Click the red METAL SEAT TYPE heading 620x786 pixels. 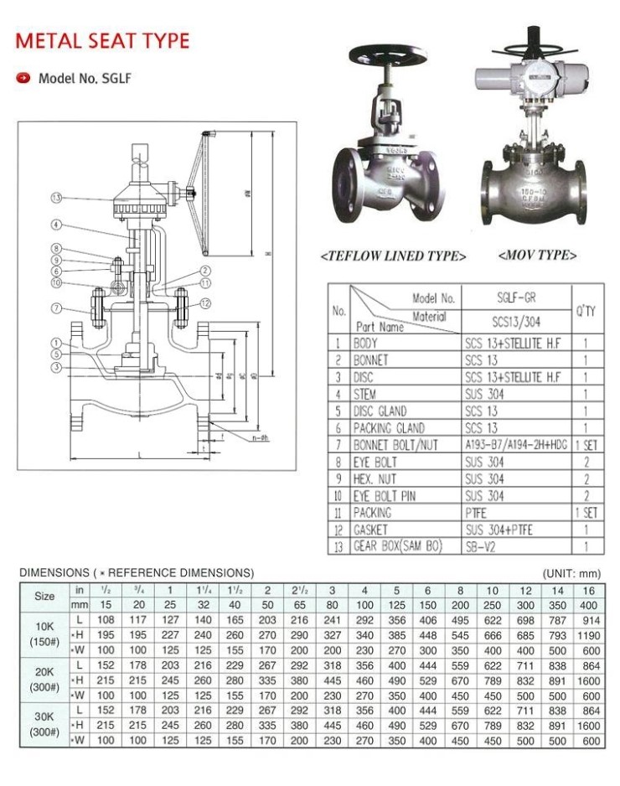[103, 40]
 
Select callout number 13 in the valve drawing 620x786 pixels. [56, 199]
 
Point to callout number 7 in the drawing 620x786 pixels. [56, 308]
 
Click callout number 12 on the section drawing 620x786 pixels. [204, 303]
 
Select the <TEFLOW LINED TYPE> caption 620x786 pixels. [394, 256]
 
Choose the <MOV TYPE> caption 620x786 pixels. [537, 254]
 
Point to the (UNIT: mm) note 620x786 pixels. [572, 573]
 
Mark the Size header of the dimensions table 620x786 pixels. [44, 597]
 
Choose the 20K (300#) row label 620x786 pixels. [44, 680]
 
